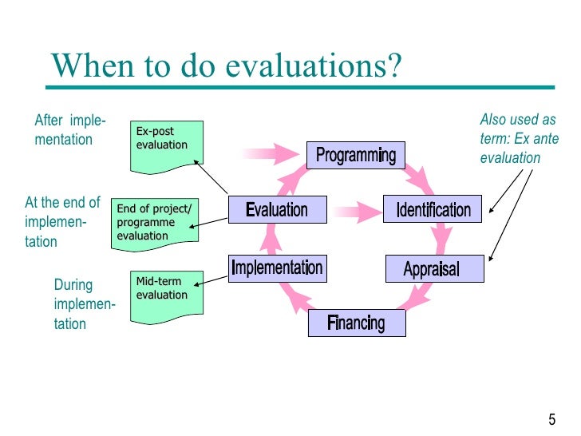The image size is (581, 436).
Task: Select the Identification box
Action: click(433, 211)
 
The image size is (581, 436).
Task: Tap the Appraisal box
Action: click(434, 268)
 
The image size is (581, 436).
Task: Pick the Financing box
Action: click(356, 323)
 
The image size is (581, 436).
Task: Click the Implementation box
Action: click(276, 268)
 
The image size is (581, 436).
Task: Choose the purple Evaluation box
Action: click(277, 210)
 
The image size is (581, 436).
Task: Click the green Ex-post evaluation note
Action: click(166, 145)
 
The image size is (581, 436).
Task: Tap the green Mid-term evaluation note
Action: click(166, 295)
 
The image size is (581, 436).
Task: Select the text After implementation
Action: click(69, 130)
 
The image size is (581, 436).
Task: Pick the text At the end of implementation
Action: click(62, 221)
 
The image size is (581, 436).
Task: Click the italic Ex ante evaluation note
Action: click(518, 138)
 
